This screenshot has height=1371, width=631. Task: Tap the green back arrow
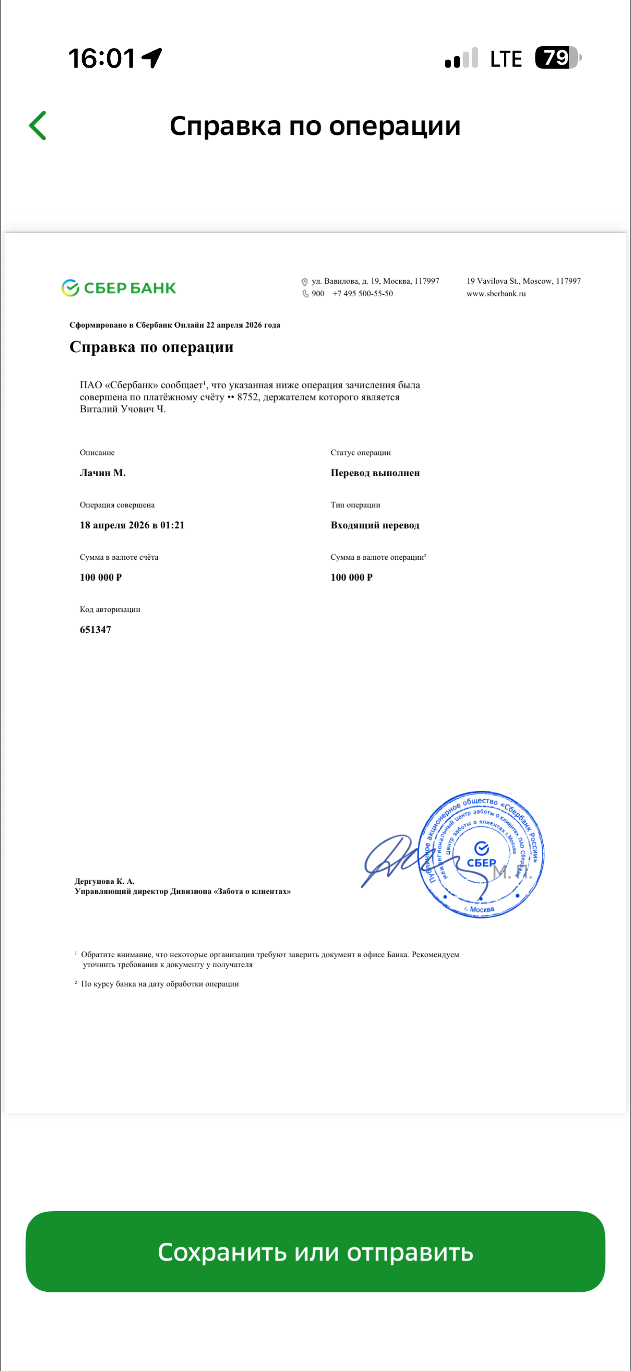coord(38,126)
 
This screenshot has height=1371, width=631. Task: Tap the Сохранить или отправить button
coord(315,1252)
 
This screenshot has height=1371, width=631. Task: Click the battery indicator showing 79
coord(557,58)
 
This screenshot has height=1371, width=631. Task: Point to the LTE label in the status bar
coord(505,59)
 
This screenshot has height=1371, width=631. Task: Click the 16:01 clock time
coord(102,58)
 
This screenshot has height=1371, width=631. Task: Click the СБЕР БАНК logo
coord(119,288)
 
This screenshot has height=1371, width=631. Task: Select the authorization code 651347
coord(96,629)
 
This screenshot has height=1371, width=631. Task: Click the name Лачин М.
coord(103,473)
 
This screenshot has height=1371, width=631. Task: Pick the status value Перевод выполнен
coord(375,473)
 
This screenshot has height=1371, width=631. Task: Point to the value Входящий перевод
coord(375,525)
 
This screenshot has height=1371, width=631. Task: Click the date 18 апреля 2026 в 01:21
coord(132,525)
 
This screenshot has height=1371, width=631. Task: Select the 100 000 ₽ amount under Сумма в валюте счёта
coord(101,577)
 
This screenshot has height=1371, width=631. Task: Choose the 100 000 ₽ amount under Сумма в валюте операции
coord(352,577)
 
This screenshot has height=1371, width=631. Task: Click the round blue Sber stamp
coord(481,854)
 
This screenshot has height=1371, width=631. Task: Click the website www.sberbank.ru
coord(496,294)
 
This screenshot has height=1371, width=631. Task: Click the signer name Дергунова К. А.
coord(104,881)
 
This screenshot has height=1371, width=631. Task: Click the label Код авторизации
coord(110,609)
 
